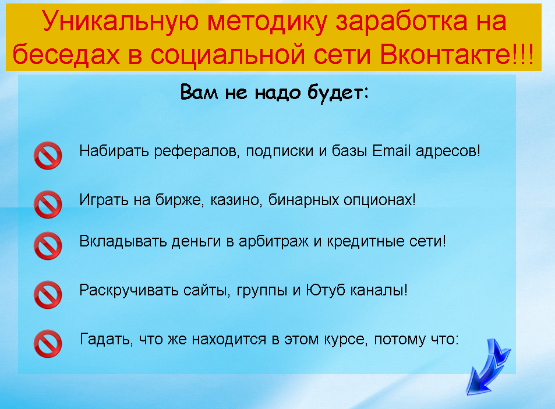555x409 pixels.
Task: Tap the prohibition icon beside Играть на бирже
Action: click(x=48, y=204)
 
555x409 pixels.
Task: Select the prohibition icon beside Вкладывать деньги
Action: click(x=48, y=245)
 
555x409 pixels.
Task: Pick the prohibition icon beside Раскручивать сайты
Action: click(x=48, y=294)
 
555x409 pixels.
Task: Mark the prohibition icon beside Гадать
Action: click(x=48, y=343)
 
